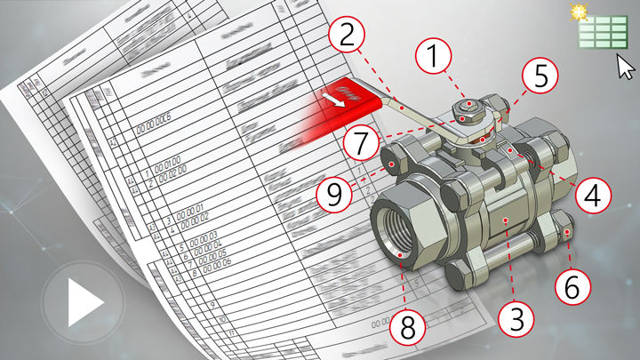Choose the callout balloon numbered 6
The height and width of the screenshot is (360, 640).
tap(573, 286)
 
